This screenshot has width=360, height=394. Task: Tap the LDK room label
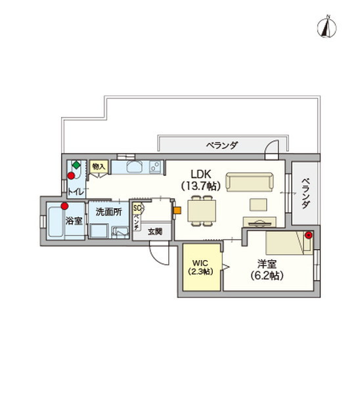[200, 173]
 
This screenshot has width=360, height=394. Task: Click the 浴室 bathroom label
[74, 221]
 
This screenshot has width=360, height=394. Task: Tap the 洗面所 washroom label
[108, 212]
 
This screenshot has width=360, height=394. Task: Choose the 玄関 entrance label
[154, 231]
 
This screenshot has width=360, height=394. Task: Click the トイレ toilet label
[76, 191]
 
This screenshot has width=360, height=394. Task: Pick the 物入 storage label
[99, 167]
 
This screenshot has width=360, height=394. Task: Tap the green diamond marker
[76, 165]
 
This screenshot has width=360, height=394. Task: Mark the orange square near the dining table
[177, 211]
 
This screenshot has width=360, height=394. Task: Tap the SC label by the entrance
[137, 208]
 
